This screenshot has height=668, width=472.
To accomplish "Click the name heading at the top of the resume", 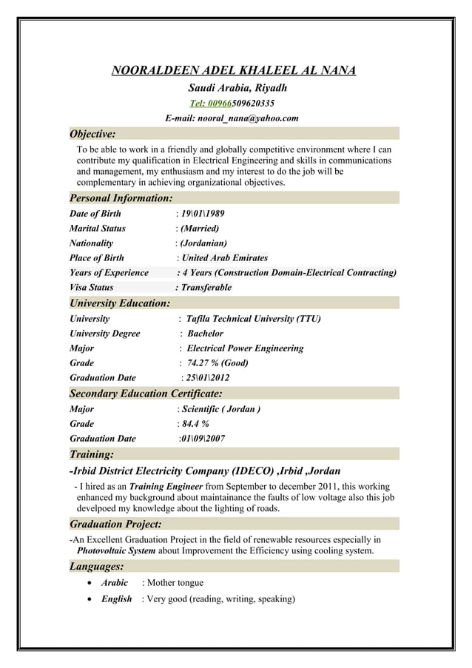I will click(x=233, y=71).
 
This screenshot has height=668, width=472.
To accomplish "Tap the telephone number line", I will click(x=232, y=103).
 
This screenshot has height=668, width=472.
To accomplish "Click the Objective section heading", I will click(x=92, y=134).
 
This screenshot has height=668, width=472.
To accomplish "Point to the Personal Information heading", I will click(x=121, y=198).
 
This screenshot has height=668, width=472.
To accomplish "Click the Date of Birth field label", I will click(x=95, y=214).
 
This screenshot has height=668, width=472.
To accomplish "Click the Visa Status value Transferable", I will click(x=206, y=287).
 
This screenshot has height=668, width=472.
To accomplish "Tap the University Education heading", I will click(x=119, y=303).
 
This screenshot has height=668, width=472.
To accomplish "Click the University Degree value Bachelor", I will click(x=205, y=334).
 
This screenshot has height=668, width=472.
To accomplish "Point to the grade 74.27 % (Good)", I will click(x=218, y=363).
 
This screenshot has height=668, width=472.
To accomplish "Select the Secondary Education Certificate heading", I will click(x=145, y=394).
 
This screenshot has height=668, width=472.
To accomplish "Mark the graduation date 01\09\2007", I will click(x=203, y=439).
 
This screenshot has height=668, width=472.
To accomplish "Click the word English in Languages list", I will click(x=116, y=599).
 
